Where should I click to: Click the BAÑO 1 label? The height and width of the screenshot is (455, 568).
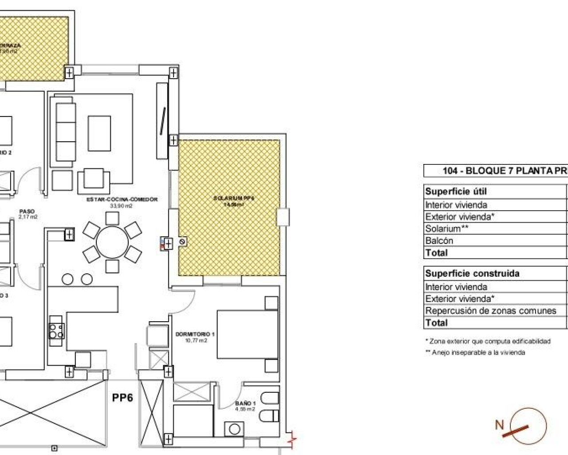pyautogui.click(x=245, y=403)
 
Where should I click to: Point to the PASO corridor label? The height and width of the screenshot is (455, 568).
pyautogui.click(x=28, y=212)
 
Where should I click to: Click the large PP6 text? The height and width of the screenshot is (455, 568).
pyautogui.click(x=122, y=398)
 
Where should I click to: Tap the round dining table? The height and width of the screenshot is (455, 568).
pyautogui.click(x=112, y=242)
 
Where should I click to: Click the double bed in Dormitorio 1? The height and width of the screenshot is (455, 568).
pyautogui.click(x=247, y=334)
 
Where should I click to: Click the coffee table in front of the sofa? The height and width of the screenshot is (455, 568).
pyautogui.click(x=99, y=134)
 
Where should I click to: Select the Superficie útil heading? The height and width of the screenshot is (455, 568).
pyautogui.click(x=456, y=192)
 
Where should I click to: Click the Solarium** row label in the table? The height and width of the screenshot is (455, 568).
pyautogui.click(x=447, y=229)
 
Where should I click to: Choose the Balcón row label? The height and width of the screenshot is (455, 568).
pyautogui.click(x=439, y=241)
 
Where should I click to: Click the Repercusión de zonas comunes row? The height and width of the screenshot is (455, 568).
pyautogui.click(x=490, y=311)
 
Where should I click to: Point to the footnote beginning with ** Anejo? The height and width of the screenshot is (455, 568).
pyautogui.click(x=475, y=353)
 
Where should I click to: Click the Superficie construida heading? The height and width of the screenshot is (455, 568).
pyautogui.click(x=472, y=274)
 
